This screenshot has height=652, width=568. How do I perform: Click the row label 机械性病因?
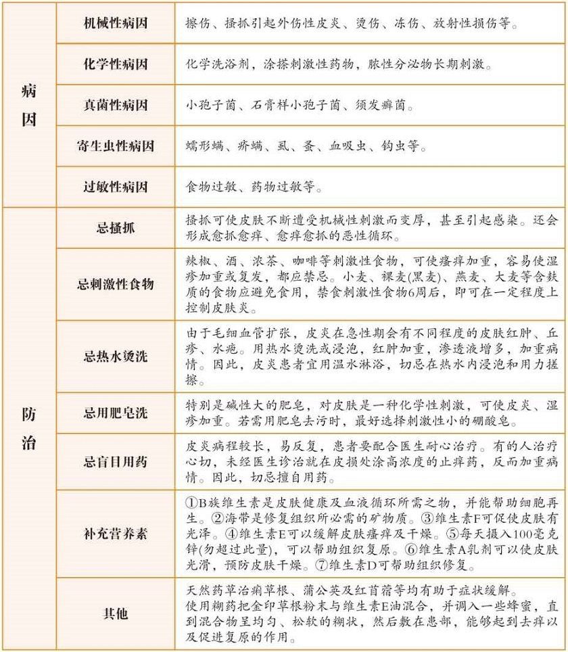[x=115, y=23]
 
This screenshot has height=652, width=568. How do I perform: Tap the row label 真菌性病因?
[x=115, y=106]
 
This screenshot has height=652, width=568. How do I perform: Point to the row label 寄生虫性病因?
[x=115, y=146]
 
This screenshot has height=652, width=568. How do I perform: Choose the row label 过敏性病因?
[x=115, y=187]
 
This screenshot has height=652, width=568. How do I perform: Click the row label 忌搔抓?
[x=115, y=228]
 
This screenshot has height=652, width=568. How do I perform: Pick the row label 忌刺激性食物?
[x=115, y=284]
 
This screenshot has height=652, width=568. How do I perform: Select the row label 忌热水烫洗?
[x=115, y=356]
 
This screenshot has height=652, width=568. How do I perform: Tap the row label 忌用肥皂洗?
[x=115, y=413]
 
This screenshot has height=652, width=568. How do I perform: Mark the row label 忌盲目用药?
[x=115, y=463]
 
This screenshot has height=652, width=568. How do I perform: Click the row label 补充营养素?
[x=115, y=534]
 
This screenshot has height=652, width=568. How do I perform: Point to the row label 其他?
[x=115, y=614]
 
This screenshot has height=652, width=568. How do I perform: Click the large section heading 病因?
[x=29, y=106]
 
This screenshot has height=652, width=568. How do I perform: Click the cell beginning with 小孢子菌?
[x=298, y=106]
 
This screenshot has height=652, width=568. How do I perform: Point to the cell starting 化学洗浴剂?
[x=338, y=65]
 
